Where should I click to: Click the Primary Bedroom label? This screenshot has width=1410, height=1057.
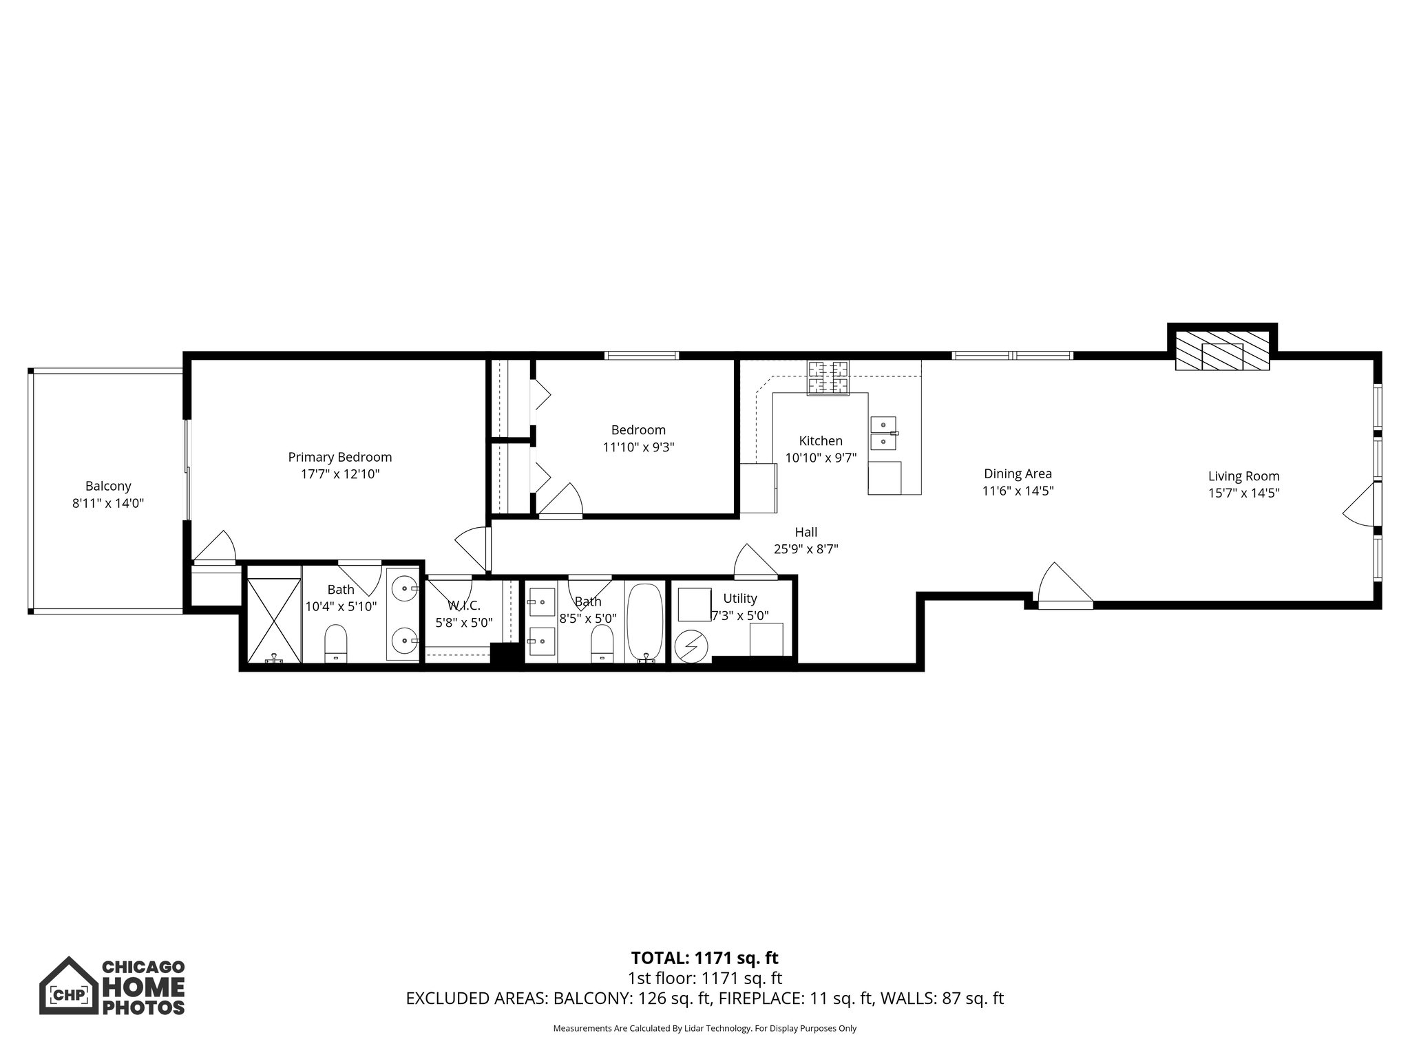point(339,457)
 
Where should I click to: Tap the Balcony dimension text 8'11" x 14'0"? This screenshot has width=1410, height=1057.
point(108,503)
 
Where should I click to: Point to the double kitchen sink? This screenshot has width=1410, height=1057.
point(883,432)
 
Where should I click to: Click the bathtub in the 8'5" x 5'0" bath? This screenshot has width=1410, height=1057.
point(645,622)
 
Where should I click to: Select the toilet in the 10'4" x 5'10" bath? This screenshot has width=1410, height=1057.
point(336,641)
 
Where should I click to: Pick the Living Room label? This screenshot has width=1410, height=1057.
point(1243,476)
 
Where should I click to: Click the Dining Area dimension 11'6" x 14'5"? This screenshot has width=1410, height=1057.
point(1018,491)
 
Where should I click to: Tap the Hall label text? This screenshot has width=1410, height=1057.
point(806,532)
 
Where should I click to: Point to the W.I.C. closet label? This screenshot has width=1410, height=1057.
point(464,606)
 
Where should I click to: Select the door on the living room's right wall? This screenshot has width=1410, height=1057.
point(1360,506)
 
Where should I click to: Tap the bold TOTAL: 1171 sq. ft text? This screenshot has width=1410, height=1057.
point(704,958)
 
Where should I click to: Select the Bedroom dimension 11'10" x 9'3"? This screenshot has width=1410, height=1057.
point(638,447)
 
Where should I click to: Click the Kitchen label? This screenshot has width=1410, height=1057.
point(820,440)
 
